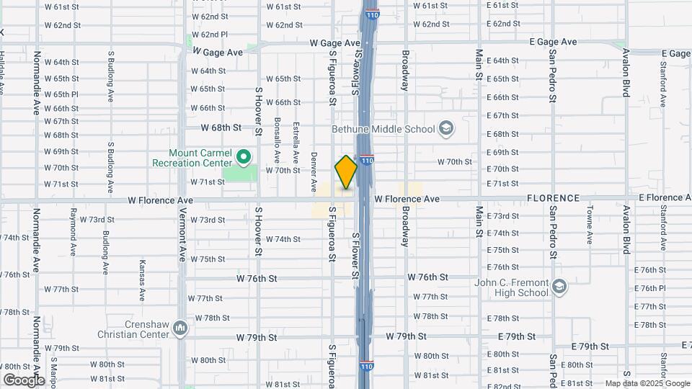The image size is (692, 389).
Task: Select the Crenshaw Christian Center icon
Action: (180, 329)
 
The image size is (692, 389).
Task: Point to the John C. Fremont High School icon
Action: (559, 288)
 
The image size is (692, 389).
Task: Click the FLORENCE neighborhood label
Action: (553, 198)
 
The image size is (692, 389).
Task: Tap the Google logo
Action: (24, 380)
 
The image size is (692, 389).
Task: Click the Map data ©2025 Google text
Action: (647, 384)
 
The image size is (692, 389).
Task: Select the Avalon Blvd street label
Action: (626, 72)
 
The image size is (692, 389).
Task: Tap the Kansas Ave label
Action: (142, 280)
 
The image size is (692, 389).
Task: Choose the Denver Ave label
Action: (314, 171)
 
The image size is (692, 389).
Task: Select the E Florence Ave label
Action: (665, 197)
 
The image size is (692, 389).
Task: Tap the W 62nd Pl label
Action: (209, 35)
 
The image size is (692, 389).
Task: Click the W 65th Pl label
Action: (61, 94)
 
